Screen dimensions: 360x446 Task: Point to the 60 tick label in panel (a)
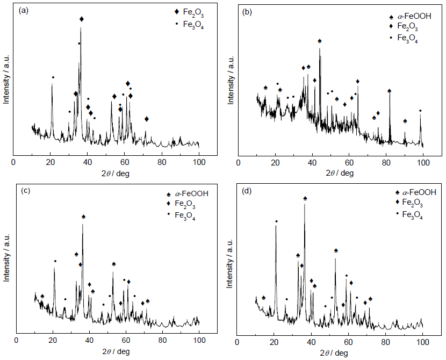click(x=125, y=161)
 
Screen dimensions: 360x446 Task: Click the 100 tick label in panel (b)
click(x=423, y=161)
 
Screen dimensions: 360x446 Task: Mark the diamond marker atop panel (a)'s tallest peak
click(x=82, y=19)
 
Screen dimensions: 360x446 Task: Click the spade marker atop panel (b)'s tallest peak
click(x=320, y=41)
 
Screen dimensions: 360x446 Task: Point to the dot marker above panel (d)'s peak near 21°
click(x=276, y=221)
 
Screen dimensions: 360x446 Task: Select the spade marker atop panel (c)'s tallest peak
click(x=83, y=217)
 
